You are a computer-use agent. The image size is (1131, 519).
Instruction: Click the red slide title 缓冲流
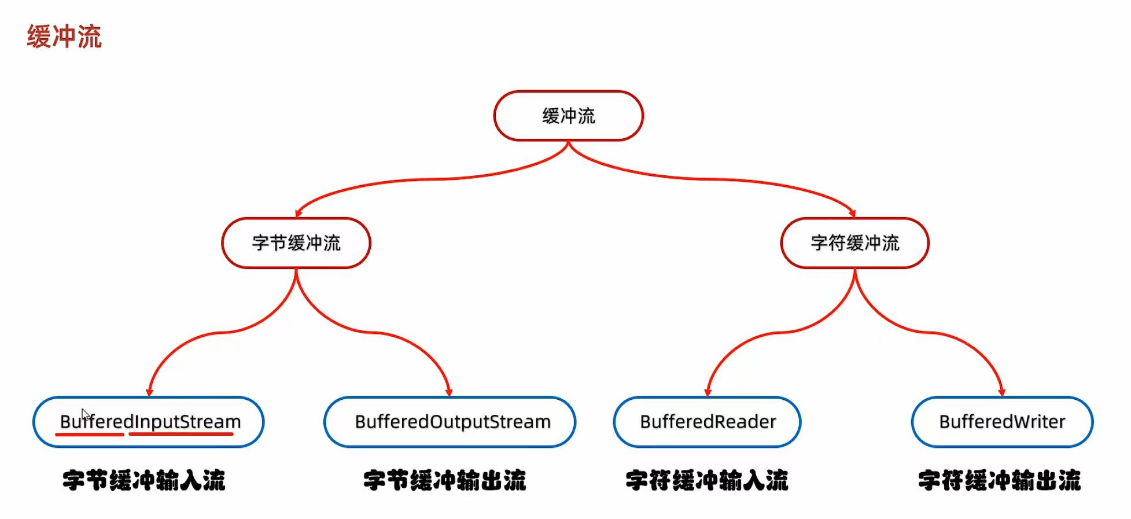64,37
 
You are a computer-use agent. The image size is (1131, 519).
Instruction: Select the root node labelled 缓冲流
568,116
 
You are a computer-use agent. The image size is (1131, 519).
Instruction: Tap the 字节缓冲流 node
296,243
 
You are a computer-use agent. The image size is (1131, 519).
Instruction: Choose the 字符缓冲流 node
854,243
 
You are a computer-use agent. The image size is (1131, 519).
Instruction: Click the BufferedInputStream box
149,422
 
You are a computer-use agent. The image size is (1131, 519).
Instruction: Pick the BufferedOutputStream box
450,422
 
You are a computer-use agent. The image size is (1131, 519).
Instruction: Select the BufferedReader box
707,422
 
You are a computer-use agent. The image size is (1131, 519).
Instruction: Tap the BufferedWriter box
1002,422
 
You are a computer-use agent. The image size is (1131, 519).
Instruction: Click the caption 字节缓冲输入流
143,480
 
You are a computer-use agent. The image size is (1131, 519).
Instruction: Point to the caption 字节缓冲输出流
444,480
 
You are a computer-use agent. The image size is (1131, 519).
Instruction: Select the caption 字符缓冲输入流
707,480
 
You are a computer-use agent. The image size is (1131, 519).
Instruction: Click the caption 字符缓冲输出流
999,480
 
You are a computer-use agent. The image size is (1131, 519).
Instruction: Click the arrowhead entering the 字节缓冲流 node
298,214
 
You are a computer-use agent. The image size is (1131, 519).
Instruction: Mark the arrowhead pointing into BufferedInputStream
149,392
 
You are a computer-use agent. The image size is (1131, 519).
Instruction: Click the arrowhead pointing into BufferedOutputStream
449,392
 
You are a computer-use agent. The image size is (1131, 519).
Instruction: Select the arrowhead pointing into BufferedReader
707,392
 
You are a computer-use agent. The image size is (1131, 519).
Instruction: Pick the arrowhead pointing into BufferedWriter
1002,392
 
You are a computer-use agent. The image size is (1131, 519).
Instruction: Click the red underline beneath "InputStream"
180,433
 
